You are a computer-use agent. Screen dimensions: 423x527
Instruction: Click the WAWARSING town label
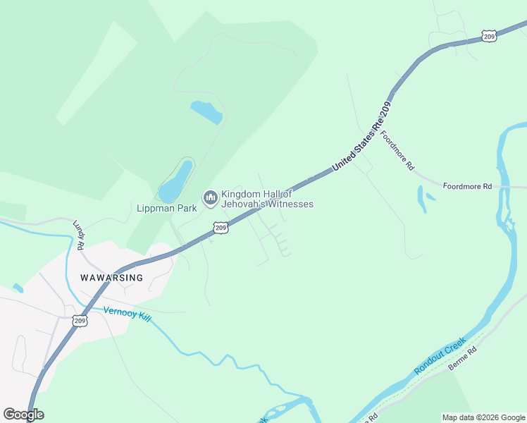[111, 278]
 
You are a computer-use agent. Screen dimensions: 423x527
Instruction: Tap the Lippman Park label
[163, 208]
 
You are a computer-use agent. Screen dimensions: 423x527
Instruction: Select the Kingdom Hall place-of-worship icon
[210, 199]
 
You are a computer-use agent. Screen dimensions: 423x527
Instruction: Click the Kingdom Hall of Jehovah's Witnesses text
[267, 199]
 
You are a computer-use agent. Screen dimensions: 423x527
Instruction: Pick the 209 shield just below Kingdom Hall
[221, 228]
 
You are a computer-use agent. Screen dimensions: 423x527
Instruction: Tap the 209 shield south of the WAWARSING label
[80, 321]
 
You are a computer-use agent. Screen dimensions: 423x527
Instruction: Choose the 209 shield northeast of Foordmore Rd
[490, 35]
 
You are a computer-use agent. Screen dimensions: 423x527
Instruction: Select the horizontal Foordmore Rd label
[467, 186]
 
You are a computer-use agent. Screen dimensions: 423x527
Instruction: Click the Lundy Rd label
[79, 235]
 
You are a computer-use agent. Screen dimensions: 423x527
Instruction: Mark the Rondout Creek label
[440, 356]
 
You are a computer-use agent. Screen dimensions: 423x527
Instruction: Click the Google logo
[23, 414]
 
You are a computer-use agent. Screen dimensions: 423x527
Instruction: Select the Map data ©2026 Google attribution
[483, 417]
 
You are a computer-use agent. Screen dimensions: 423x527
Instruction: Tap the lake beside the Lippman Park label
[176, 181]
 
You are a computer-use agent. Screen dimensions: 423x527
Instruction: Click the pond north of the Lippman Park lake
[206, 111]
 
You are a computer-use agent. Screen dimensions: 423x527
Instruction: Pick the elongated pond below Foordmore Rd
[421, 198]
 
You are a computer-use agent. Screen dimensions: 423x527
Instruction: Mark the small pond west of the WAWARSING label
[18, 288]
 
